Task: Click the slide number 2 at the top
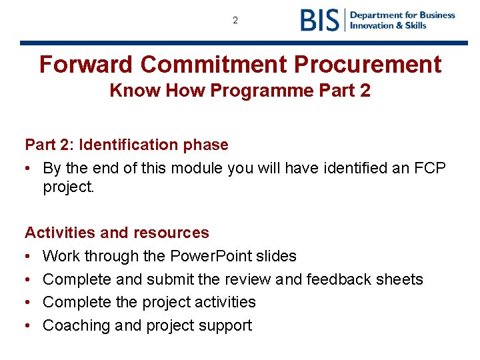tap(235, 21)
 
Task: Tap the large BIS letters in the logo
tap(320, 20)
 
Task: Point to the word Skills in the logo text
tap(414, 25)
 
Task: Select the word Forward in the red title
tap(86, 65)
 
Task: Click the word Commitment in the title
tap(213, 65)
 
